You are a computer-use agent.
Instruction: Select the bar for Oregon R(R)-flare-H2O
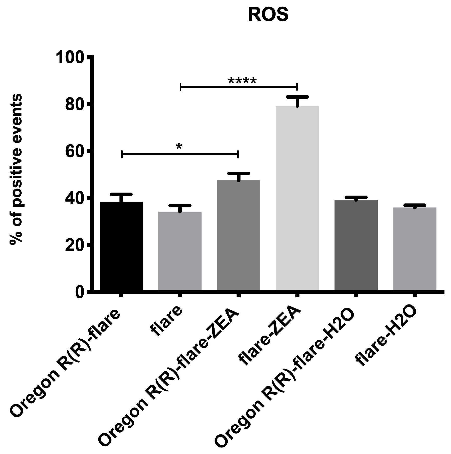coord(356,245)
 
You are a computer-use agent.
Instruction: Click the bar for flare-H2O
coord(415,249)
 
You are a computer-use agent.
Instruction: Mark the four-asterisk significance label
coord(242,81)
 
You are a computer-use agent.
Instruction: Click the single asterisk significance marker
coord(179,146)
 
